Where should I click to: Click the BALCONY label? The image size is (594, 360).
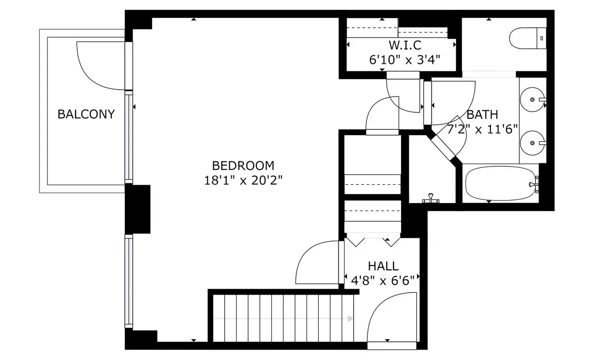(x=86, y=114)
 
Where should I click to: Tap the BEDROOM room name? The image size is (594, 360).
(x=243, y=165)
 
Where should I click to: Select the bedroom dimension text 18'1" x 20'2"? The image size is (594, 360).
(x=243, y=180)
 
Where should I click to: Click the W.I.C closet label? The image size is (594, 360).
(x=405, y=46)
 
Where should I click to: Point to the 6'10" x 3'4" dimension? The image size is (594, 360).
(x=405, y=60)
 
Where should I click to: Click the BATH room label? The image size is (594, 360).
(x=483, y=115)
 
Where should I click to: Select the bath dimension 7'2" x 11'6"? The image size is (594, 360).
(x=483, y=130)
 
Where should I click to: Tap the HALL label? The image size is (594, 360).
(x=383, y=266)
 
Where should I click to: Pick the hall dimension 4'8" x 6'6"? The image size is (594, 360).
(x=383, y=281)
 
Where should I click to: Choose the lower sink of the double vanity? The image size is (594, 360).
(x=534, y=143)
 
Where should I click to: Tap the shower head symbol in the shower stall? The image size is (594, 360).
(x=431, y=199)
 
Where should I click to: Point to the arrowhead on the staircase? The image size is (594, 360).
(x=350, y=318)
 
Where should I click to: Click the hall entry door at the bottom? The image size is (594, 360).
(x=391, y=317)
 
